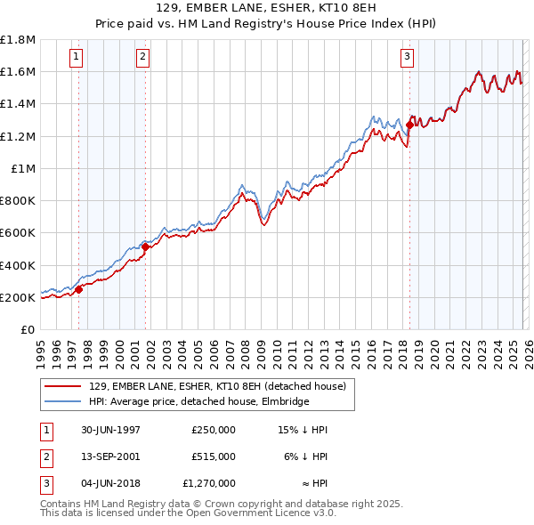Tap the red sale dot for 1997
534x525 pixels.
point(79,289)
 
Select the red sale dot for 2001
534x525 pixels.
point(145,246)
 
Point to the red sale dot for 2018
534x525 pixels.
point(409,125)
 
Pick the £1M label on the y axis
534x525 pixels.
point(24,168)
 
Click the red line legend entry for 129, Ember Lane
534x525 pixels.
point(222,385)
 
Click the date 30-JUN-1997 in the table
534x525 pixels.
point(109,430)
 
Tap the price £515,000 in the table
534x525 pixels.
point(213,456)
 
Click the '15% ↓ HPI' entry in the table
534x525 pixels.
point(303,430)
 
